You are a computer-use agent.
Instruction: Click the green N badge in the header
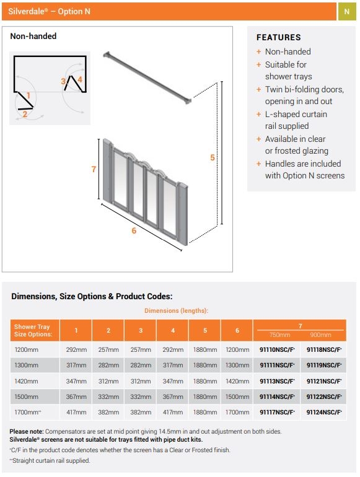[x=346, y=12]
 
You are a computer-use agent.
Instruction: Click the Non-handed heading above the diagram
[x=33, y=36]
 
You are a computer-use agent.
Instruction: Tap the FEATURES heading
[x=278, y=37]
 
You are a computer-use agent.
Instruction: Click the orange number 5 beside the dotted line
[x=212, y=157]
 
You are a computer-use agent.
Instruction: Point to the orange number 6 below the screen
[x=133, y=230]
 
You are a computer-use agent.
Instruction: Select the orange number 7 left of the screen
[x=94, y=169]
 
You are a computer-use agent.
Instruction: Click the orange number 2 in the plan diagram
[x=25, y=113]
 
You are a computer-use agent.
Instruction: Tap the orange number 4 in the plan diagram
[x=79, y=79]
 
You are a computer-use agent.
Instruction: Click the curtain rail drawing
[x=147, y=77]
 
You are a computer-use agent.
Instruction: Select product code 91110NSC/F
[x=276, y=350]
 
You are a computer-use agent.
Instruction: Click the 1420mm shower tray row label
[x=26, y=381]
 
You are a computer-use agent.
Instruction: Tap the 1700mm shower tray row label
[x=28, y=412]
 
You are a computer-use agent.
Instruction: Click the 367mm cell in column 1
[x=76, y=396]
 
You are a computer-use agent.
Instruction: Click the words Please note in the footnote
[x=27, y=431]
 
